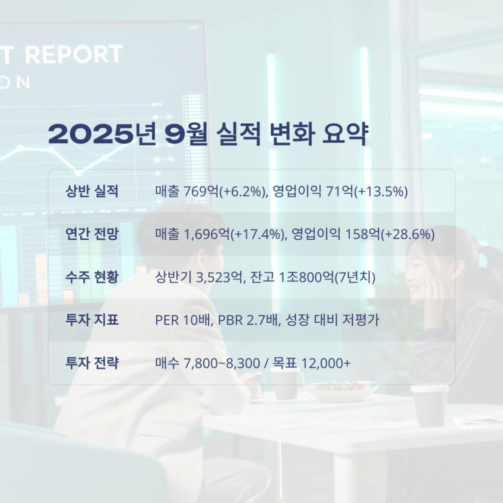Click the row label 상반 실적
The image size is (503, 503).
92,191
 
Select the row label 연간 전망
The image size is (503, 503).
92,234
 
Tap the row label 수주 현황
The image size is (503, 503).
92,277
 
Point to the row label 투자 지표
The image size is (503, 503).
92,320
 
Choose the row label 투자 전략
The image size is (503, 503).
92,363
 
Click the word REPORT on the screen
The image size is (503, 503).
74,54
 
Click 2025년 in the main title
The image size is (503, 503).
102,134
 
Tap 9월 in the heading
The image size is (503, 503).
187,134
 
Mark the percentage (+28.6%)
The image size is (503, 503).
408,234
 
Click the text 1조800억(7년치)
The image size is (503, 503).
327,277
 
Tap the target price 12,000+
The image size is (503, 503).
326,363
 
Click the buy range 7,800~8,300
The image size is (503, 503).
222,363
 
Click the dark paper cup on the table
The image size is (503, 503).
429,405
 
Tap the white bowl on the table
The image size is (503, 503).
342,391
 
